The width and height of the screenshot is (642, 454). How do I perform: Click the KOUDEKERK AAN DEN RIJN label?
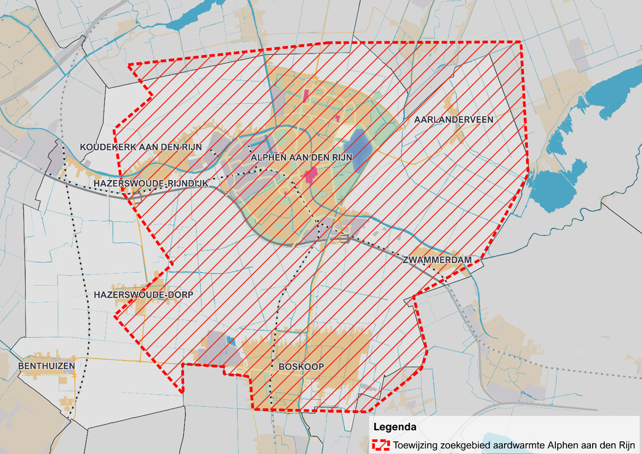pos(141,147)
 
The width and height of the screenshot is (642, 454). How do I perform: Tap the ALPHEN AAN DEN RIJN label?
pos(301,158)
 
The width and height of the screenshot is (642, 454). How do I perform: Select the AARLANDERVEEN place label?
pos(453,120)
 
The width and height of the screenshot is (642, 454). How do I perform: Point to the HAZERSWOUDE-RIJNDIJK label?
pos(151,183)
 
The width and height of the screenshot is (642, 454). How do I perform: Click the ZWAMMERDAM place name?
pos(437,260)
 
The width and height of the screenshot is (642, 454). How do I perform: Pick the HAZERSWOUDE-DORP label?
pos(143,295)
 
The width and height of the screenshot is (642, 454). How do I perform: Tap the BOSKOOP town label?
pos(301,367)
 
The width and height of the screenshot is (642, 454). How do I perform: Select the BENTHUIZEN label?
pos(47,366)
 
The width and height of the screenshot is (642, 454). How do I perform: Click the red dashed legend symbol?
pos(380,445)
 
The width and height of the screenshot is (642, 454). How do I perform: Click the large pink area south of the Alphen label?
pos(310,176)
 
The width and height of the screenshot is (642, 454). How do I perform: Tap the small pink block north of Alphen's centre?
pos(306,96)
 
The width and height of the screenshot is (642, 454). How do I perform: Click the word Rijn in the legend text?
pos(626,445)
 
